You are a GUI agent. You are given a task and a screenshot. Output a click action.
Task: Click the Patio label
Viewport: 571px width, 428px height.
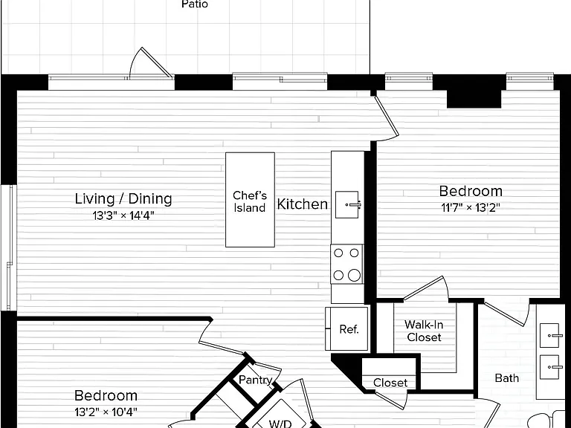point(195,4)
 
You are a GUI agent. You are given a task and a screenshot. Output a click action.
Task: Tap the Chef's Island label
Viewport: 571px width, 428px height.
point(250,201)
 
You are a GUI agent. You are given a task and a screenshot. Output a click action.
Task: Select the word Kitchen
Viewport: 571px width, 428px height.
point(303,204)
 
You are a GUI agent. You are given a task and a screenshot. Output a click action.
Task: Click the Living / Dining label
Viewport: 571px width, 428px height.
point(123,198)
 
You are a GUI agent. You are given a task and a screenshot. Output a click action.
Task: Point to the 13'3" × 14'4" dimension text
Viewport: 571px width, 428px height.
point(123,215)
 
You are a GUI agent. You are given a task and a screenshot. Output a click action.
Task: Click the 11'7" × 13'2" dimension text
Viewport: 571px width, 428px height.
point(471,207)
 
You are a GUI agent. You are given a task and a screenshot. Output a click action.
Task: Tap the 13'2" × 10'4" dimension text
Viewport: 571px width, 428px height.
point(106,412)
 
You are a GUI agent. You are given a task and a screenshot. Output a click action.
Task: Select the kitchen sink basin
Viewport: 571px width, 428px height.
point(346,204)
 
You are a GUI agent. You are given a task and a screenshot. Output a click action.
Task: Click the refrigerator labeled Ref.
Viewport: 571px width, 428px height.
point(346,328)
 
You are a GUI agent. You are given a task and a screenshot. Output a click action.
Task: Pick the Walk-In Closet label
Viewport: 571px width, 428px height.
point(424,331)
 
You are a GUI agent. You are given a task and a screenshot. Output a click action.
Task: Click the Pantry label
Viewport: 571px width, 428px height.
point(255,380)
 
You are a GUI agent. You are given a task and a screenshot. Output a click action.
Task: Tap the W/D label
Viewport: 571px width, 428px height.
point(280,424)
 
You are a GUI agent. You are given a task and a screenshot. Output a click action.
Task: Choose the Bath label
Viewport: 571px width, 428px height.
point(506,378)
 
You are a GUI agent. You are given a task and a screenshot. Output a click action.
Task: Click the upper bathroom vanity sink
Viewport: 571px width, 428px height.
point(549,335)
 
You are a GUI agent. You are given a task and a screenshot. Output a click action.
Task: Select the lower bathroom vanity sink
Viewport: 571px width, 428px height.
point(549,367)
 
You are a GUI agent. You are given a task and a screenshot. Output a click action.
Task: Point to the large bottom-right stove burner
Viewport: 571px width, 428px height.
point(354,275)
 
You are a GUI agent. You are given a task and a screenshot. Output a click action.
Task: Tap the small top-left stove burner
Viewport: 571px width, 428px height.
point(338,253)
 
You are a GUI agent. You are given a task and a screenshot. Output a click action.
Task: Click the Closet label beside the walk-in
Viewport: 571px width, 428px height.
point(390,383)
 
